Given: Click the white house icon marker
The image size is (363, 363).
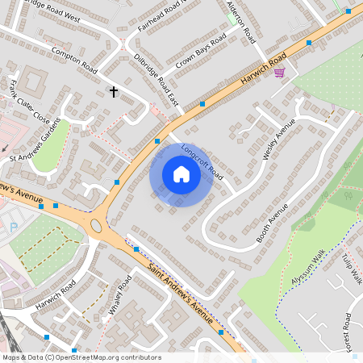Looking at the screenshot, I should [181, 174].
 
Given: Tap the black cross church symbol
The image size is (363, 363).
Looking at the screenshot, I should [114, 92].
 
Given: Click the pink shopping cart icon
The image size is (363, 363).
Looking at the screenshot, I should [279, 73].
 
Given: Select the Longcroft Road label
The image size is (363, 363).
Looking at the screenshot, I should [202, 161].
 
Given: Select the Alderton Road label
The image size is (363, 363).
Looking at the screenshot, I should [241, 22].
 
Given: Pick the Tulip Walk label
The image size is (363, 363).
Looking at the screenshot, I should [352, 269].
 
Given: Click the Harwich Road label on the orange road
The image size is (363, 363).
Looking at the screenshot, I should [264, 70].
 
